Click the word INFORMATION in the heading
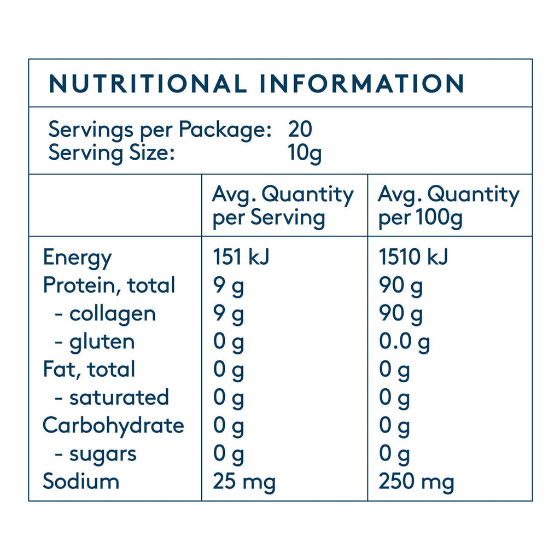pos(361,84)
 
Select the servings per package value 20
pos(300,130)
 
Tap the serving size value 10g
pos(305,153)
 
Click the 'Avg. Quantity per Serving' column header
pos(282,206)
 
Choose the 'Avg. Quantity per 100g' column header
pos(448,206)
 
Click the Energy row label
pos(77,257)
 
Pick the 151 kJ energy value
pos(241,257)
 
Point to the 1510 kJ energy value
pos(413,257)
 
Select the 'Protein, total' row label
pos(109,285)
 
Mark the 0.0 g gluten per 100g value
pos(405,342)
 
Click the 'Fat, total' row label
pos(89,370)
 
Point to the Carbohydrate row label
pos(113,425)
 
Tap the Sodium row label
pos(81,481)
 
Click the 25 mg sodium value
pos(244,482)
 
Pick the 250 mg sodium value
pos(416,482)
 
